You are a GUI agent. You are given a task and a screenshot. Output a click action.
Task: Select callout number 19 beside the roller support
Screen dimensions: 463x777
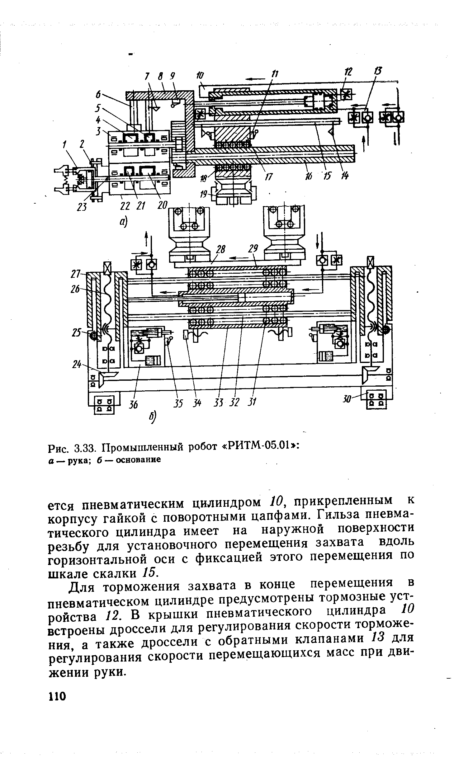coord(204,195)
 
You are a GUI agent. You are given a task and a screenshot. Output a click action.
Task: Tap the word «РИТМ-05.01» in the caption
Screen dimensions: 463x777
coord(260,447)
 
